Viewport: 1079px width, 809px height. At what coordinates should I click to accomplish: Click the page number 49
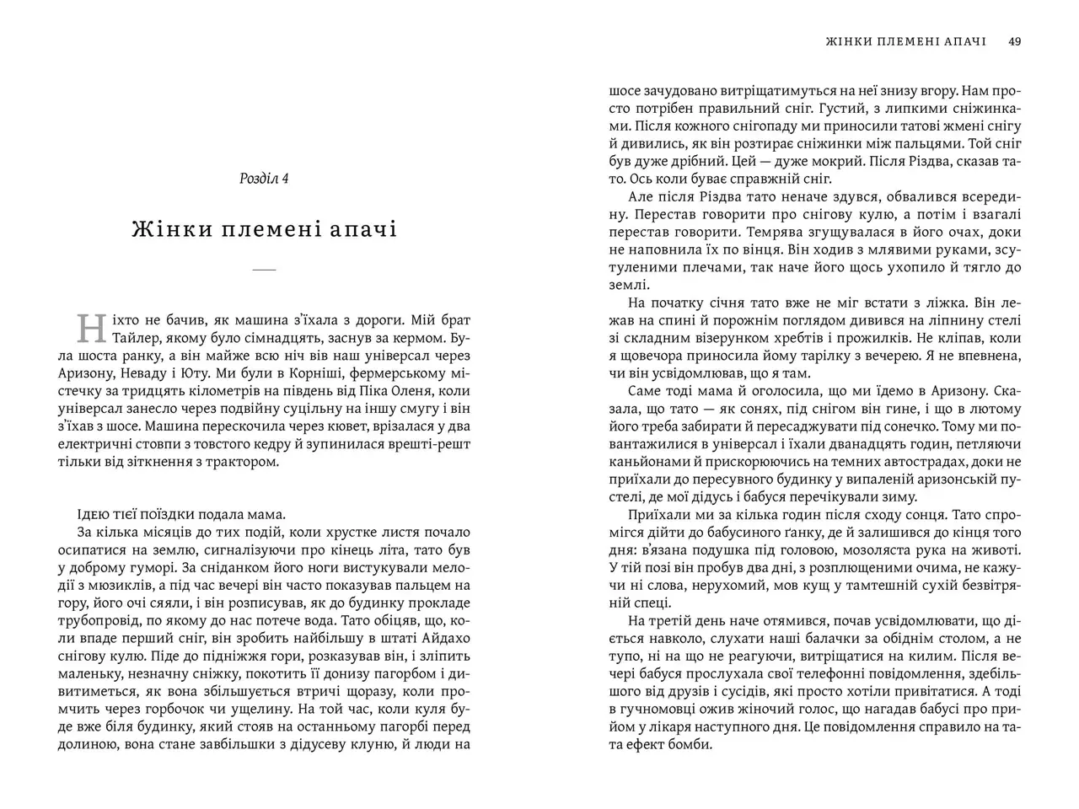click(1015, 40)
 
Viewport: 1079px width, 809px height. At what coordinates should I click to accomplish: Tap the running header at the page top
click(896, 40)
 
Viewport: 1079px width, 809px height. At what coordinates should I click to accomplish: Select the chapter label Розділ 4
click(264, 179)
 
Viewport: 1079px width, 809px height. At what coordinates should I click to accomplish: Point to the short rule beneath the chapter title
click(264, 270)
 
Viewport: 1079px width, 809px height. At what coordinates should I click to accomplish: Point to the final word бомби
click(693, 744)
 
